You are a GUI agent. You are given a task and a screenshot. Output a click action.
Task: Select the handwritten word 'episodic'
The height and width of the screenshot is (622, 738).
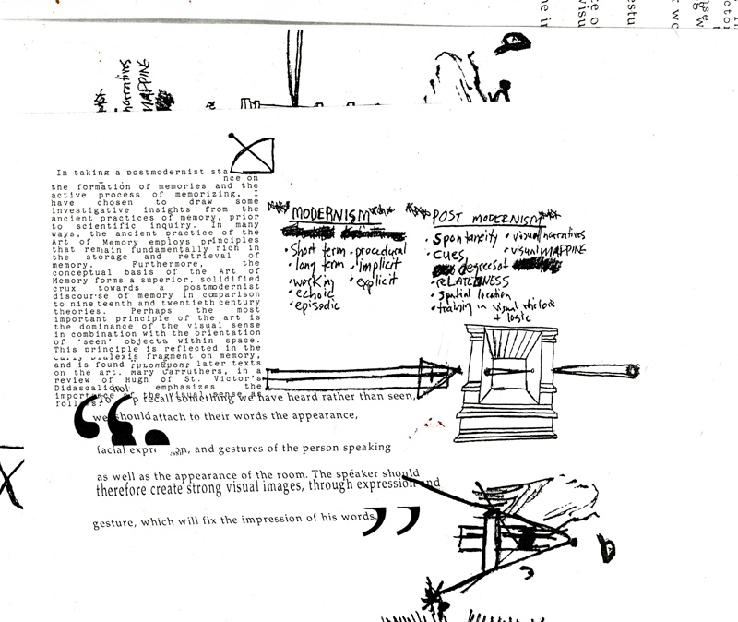[x=315, y=307]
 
